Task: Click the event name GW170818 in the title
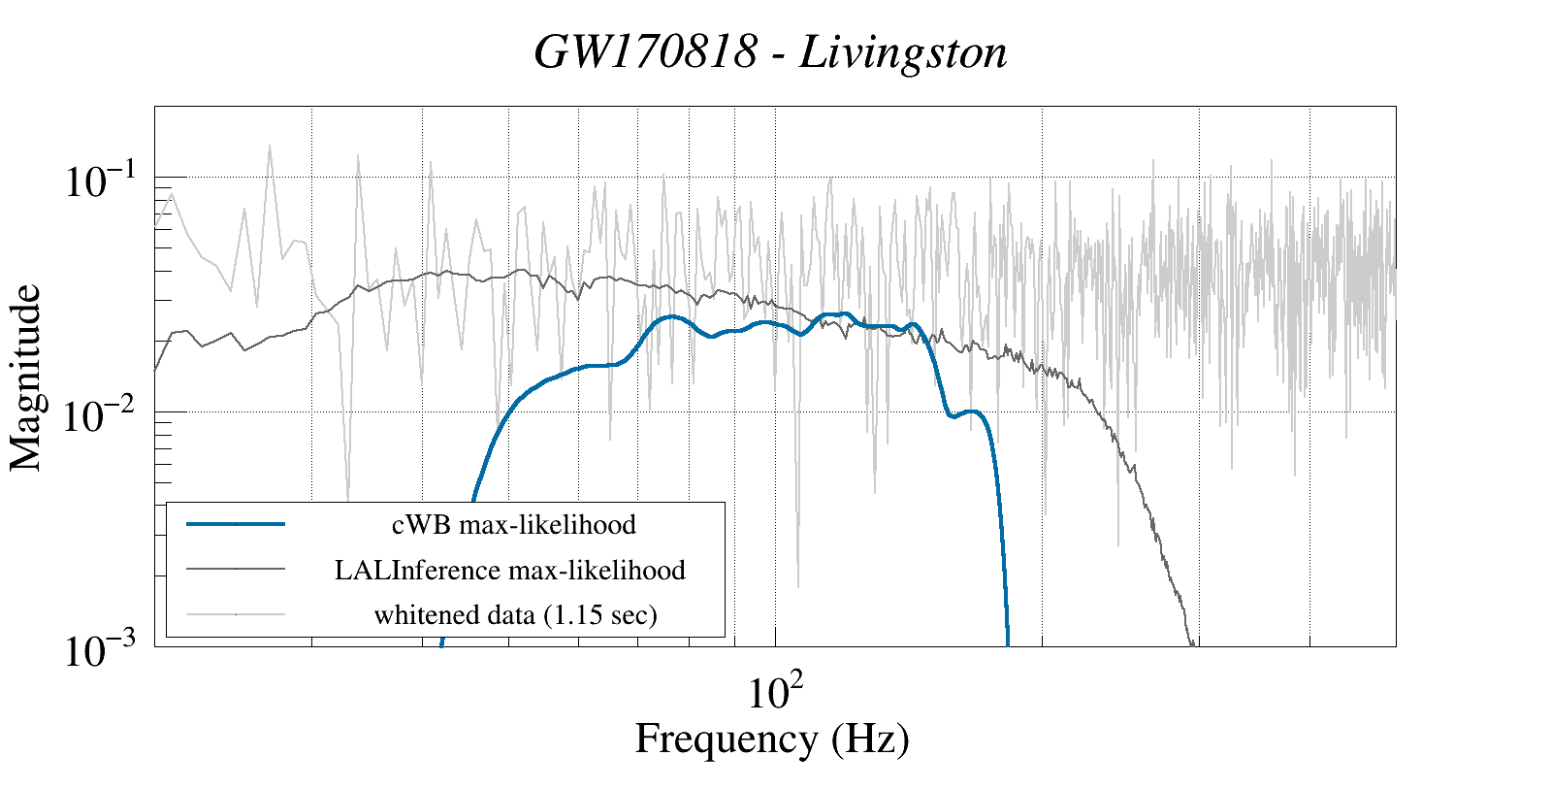point(645,52)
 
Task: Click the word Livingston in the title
point(903,52)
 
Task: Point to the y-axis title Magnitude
point(26,378)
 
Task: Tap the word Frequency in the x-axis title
point(726,739)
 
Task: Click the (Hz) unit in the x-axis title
point(870,739)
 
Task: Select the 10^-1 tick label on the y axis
point(103,181)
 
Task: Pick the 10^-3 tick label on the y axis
point(103,650)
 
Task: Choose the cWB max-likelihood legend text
point(513,525)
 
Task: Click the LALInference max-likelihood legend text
point(509,570)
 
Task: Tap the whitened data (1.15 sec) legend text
point(515,614)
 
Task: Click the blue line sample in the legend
point(236,524)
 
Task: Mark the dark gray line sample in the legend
point(236,569)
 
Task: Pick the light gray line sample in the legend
point(236,613)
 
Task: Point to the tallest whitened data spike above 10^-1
point(270,147)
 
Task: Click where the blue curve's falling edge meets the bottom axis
point(1008,643)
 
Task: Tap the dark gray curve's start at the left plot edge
point(156,370)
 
